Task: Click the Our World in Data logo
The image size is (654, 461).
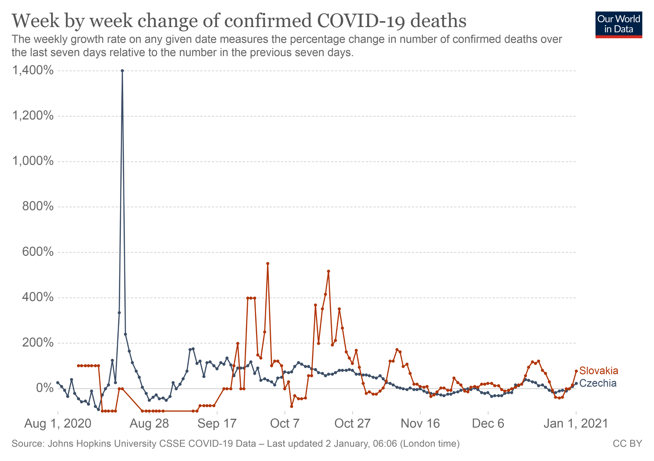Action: tap(618, 24)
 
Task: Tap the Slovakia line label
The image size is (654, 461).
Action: tap(599, 371)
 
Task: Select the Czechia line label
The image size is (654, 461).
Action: tap(598, 383)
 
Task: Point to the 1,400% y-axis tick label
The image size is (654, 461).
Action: tap(33, 70)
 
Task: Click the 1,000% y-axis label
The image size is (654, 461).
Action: tap(33, 161)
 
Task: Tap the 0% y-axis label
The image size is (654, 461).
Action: tap(45, 388)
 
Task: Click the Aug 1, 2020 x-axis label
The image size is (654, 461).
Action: tap(57, 423)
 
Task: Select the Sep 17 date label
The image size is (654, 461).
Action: tap(217, 423)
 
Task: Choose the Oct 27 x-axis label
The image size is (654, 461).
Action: tap(352, 423)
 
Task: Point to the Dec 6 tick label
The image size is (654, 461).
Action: tap(488, 423)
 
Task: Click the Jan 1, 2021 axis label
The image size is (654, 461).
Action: tap(576, 423)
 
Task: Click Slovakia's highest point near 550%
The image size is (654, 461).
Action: tap(268, 264)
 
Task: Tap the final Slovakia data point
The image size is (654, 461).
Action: tap(576, 371)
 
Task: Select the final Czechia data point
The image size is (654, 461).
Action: tap(576, 383)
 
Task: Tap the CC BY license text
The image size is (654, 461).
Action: tap(627, 444)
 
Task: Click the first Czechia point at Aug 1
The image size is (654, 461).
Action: tap(58, 382)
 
